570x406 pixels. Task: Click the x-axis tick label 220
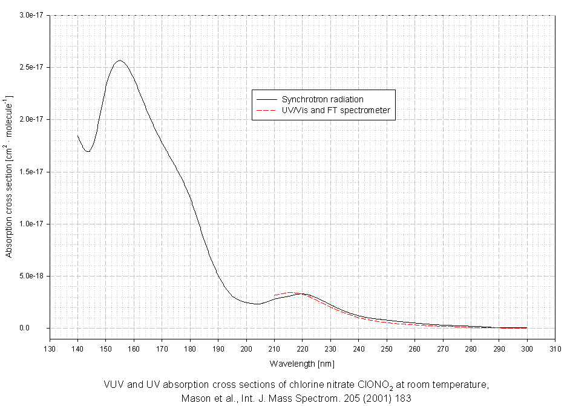coord(303,349)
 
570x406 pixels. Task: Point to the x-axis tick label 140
coord(77,349)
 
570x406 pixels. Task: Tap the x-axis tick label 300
coord(526,349)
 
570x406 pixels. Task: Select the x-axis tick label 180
coord(190,349)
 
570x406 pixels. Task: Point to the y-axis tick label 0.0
coord(40,329)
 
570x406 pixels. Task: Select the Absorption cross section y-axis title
coord(9,175)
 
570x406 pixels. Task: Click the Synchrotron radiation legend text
coord(323,99)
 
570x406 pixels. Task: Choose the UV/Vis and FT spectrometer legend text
coord(336,111)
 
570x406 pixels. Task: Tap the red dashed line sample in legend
coord(267,111)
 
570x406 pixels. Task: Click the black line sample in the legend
coord(267,99)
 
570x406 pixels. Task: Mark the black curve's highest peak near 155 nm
coord(120,61)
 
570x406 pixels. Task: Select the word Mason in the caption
coord(195,398)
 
